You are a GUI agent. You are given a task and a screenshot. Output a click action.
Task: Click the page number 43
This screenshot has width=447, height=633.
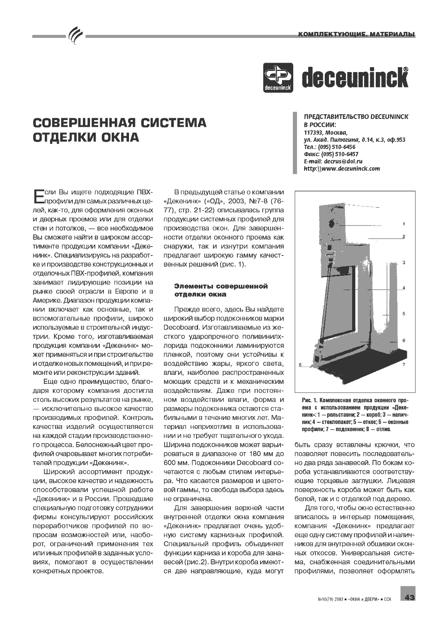[x=409, y=597]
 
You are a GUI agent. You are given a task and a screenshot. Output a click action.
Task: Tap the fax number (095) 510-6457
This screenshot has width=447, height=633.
[x=338, y=154]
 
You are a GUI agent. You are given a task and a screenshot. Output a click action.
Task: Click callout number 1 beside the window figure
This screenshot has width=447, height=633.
[x=404, y=224]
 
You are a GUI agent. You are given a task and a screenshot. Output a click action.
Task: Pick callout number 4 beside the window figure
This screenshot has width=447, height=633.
[x=404, y=288]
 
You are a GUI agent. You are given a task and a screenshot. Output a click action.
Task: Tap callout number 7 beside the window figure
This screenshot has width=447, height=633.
[x=404, y=364]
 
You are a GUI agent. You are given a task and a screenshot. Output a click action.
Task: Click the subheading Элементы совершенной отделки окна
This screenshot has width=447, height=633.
[x=221, y=290]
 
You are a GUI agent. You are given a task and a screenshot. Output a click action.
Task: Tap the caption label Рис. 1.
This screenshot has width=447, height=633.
[x=310, y=400]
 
